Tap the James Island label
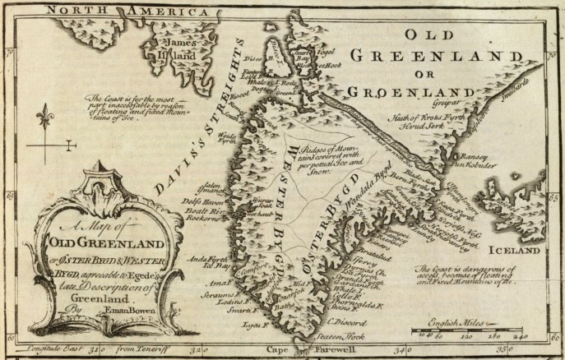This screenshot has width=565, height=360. (x=171, y=48)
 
